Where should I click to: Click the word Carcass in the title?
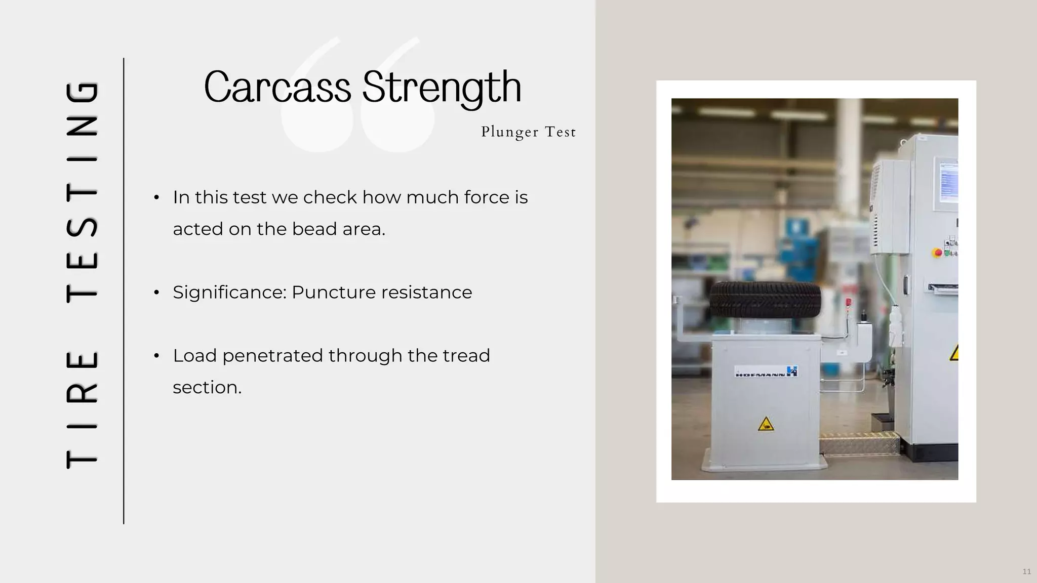click(x=277, y=87)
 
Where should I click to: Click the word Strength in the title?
click(x=442, y=87)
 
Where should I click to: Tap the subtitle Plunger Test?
click(x=528, y=132)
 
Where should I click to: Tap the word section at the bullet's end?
click(x=207, y=388)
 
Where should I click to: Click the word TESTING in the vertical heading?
click(x=82, y=192)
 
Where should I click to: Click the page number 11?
click(x=1026, y=571)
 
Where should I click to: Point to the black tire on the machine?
click(x=765, y=300)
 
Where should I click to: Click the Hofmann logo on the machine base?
click(x=766, y=372)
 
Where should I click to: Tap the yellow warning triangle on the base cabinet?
click(x=766, y=424)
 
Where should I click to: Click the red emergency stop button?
click(x=937, y=252)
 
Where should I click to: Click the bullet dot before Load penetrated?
click(x=156, y=356)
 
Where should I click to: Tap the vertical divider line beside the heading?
click(x=124, y=291)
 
